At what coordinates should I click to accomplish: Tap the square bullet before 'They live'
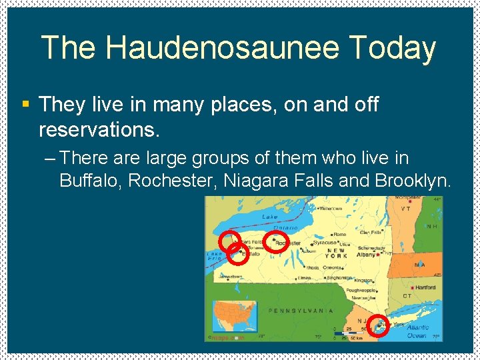26,105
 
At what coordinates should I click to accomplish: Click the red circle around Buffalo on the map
237,253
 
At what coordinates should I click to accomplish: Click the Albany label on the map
367,255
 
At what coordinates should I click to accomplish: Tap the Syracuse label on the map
325,243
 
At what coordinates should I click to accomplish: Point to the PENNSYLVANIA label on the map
301,310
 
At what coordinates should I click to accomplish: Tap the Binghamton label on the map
339,277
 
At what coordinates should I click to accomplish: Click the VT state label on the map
405,208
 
